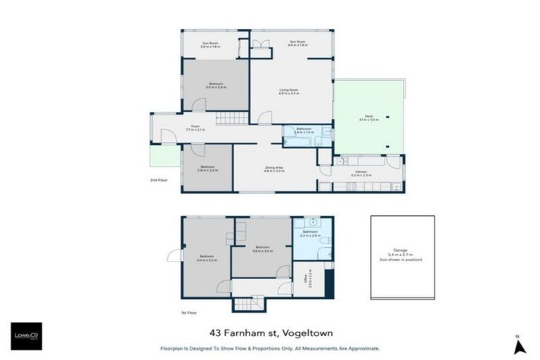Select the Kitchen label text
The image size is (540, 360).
[x=361, y=173]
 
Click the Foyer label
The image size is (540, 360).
[x=194, y=129]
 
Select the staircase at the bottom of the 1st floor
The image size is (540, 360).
[x=247, y=304]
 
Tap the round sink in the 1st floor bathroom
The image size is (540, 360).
[x=314, y=221]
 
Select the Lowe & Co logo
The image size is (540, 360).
[x=26, y=336]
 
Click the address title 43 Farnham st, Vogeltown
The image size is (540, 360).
[x=270, y=334]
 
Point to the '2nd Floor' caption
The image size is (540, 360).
[x=158, y=180]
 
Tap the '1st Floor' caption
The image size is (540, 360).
[x=188, y=312]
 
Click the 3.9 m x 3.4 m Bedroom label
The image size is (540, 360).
[x=216, y=86]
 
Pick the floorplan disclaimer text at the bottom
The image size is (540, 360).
[x=270, y=347]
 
